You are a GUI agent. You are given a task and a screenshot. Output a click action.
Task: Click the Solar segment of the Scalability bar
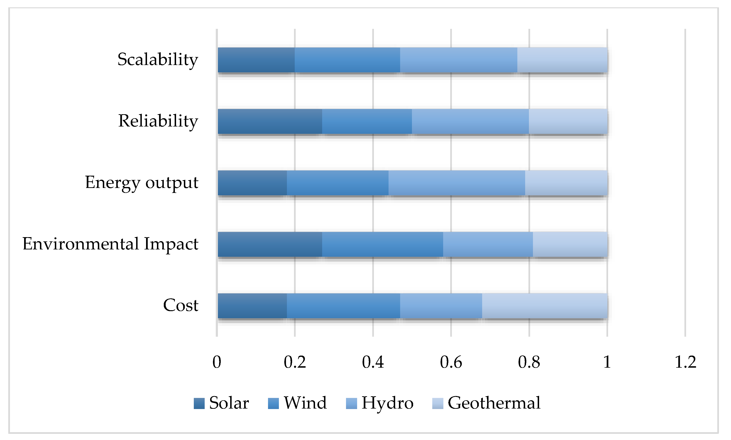[256, 60]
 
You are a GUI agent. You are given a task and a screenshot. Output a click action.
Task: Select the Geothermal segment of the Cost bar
[545, 306]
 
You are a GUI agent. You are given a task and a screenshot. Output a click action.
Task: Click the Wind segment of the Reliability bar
[367, 121]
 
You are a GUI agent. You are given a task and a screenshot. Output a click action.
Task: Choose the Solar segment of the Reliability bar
[270, 121]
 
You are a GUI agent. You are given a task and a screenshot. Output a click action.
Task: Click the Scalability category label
[158, 60]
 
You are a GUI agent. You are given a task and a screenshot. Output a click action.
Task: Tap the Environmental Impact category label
[110, 244]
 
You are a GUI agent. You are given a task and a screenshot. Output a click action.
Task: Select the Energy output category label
[141, 182]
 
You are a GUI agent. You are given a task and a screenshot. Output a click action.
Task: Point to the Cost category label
[181, 305]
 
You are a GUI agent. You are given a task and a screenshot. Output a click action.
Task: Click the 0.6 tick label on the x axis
[451, 362]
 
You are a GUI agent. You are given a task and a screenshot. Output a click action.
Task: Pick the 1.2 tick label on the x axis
[685, 362]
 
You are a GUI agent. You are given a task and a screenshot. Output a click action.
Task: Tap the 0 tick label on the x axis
[217, 362]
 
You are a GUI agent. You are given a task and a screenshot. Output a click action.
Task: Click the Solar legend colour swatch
[199, 403]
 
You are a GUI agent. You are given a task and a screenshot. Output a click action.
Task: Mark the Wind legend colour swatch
[273, 403]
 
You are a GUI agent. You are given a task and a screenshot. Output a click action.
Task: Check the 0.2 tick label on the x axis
[294, 362]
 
